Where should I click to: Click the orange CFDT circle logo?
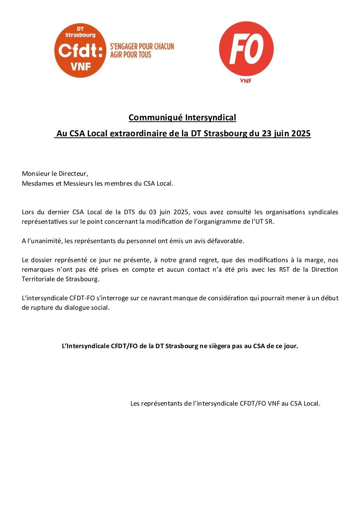click(x=80, y=50)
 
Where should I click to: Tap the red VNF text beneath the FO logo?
click(x=246, y=81)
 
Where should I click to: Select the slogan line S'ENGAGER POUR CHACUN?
click(x=142, y=46)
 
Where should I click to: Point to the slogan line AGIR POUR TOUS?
click(x=131, y=54)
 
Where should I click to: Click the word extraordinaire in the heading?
click(x=139, y=134)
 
